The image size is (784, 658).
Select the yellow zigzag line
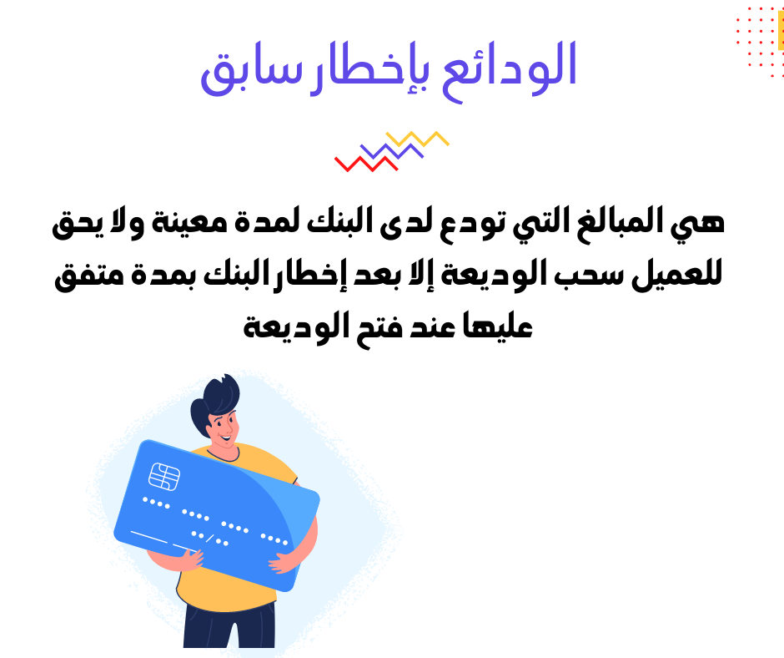point(418,139)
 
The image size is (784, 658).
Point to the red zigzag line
point(366,164)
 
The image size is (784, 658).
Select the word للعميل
point(677,276)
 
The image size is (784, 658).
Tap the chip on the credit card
point(164,477)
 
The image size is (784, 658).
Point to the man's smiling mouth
point(226,439)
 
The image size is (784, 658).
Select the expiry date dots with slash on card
point(210,539)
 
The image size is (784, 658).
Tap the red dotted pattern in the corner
point(759,43)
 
